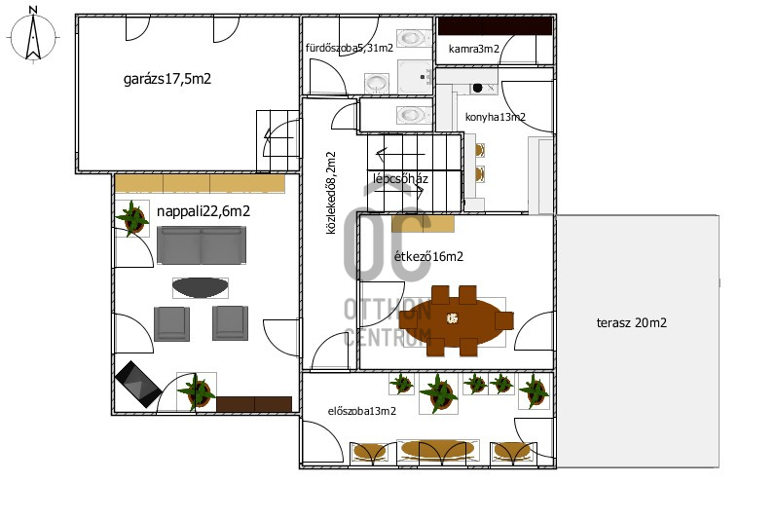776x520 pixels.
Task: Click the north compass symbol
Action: click(33, 36)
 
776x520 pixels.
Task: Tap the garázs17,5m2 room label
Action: click(167, 79)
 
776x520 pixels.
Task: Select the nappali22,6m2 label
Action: click(203, 211)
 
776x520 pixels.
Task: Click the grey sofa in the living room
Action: click(202, 245)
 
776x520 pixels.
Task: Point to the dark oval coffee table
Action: click(201, 287)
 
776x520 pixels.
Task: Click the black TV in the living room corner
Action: click(138, 384)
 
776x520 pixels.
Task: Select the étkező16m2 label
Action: click(428, 256)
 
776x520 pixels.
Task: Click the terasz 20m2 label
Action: click(632, 323)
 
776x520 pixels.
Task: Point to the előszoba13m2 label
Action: click(362, 411)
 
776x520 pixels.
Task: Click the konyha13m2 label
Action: click(496, 117)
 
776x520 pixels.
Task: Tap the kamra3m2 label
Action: click(473, 49)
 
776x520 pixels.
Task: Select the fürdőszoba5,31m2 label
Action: click(350, 48)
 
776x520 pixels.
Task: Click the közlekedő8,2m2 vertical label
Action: click(331, 193)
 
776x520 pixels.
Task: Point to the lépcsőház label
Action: click(400, 178)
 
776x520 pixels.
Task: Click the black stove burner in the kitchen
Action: click(477, 88)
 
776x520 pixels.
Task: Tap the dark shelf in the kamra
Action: click(495, 26)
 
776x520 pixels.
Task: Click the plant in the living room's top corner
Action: click(132, 218)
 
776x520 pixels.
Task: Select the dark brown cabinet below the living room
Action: click(254, 404)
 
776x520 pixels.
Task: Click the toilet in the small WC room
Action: click(410, 115)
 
